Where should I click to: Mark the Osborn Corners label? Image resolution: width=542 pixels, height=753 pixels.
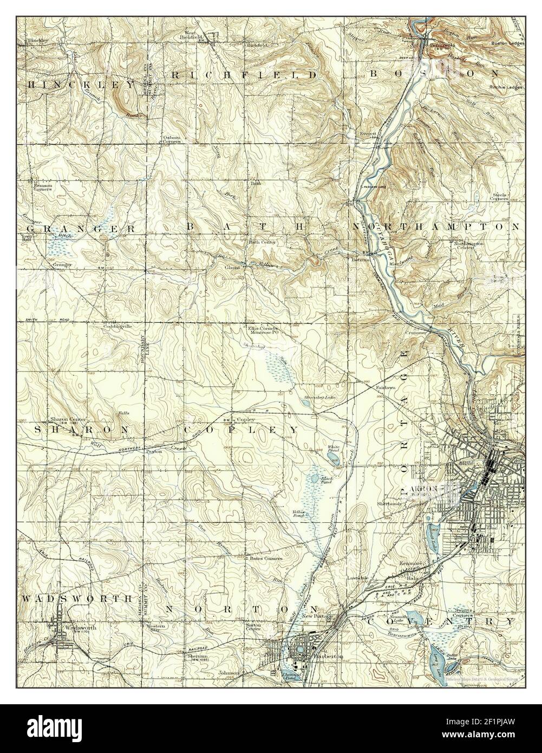(x=172, y=140)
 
